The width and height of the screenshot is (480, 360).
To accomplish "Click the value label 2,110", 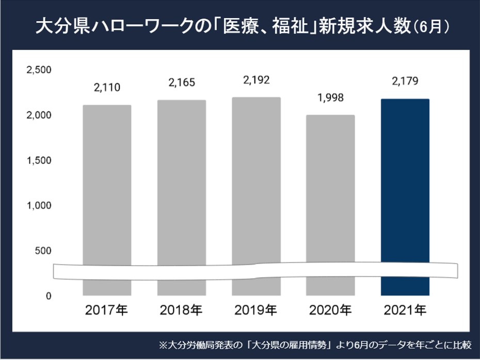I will coord(107,87).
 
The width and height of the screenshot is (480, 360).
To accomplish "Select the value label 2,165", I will coord(181,82).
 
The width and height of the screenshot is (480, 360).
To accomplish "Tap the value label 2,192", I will coord(256,79).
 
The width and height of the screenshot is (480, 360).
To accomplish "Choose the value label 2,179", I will coord(405,81).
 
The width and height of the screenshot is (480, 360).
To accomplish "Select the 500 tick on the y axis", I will coord(42,251).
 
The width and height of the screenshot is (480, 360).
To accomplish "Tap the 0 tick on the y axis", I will coord(48,296).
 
